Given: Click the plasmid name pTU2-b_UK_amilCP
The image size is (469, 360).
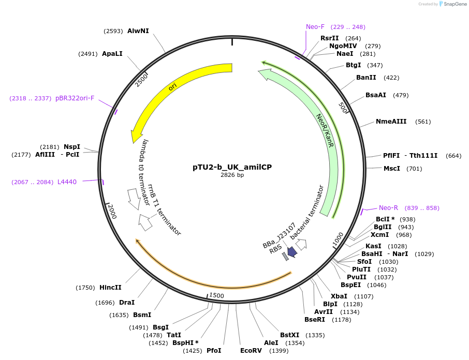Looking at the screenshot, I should pyautogui.click(x=232, y=167).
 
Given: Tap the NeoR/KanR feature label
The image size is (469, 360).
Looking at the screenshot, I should pyautogui.click(x=325, y=133).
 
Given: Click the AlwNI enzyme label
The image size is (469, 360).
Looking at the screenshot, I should pyautogui.click(x=138, y=31).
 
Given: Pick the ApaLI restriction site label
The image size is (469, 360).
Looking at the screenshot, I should pyautogui.click(x=112, y=54).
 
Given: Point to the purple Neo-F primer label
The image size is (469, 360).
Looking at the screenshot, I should pyautogui.click(x=315, y=27).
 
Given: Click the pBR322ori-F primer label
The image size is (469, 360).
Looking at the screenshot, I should pyautogui.click(x=75, y=98).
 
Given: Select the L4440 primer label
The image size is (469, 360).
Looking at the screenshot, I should pyautogui.click(x=67, y=182).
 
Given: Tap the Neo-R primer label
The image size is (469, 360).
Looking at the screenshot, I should pyautogui.click(x=388, y=208).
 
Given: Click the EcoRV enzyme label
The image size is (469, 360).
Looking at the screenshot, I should pyautogui.click(x=251, y=351).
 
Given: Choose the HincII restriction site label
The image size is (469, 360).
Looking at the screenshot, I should pyautogui.click(x=110, y=288).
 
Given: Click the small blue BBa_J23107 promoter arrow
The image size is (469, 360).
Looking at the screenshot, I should pyautogui.click(x=292, y=252).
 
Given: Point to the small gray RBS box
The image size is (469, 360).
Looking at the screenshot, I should pyautogui.click(x=285, y=256).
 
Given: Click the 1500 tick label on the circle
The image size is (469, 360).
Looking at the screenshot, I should pyautogui.click(x=216, y=295).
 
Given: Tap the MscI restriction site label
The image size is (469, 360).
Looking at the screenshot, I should pyautogui.click(x=392, y=169).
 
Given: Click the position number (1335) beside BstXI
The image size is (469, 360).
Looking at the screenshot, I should pyautogui.click(x=315, y=335).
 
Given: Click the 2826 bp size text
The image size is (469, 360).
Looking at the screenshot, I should pyautogui.click(x=232, y=175).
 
